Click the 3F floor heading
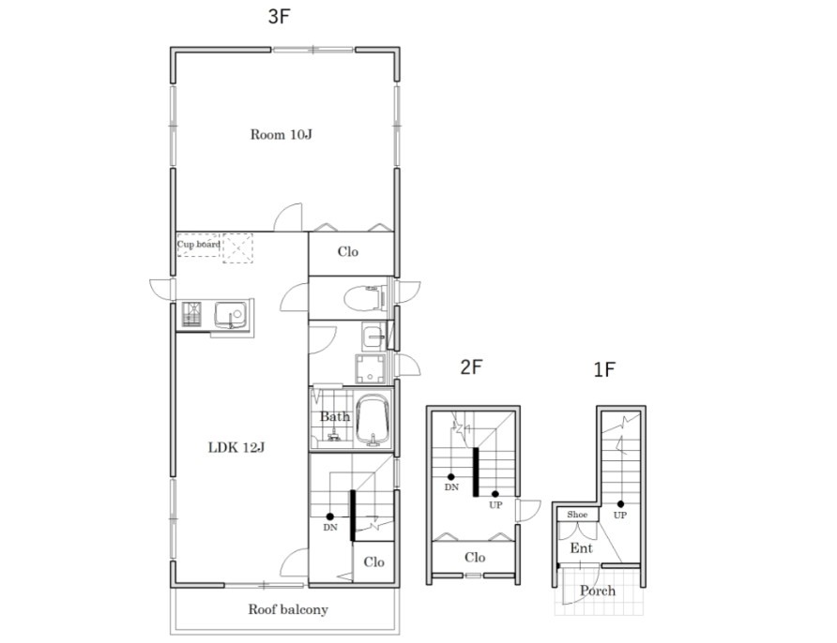pos(279,17)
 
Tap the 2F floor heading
pos(471,366)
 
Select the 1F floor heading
pos(605,369)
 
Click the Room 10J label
pos(281,134)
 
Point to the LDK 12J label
pos(236,447)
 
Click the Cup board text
pos(199,245)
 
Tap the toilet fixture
pos(365,298)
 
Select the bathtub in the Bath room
pos(373,421)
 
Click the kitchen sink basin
pos(231,314)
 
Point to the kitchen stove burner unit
pos(191,315)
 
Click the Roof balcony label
pos(288,609)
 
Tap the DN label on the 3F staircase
pos(330,528)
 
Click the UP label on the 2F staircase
pos(495,505)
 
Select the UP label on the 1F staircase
pos(619,515)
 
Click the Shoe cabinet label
pos(577,515)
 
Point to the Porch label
pos(598,591)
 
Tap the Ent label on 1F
pos(582,548)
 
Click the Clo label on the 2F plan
pos(475,558)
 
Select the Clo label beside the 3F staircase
pos(373,562)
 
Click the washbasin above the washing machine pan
pos(373,336)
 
